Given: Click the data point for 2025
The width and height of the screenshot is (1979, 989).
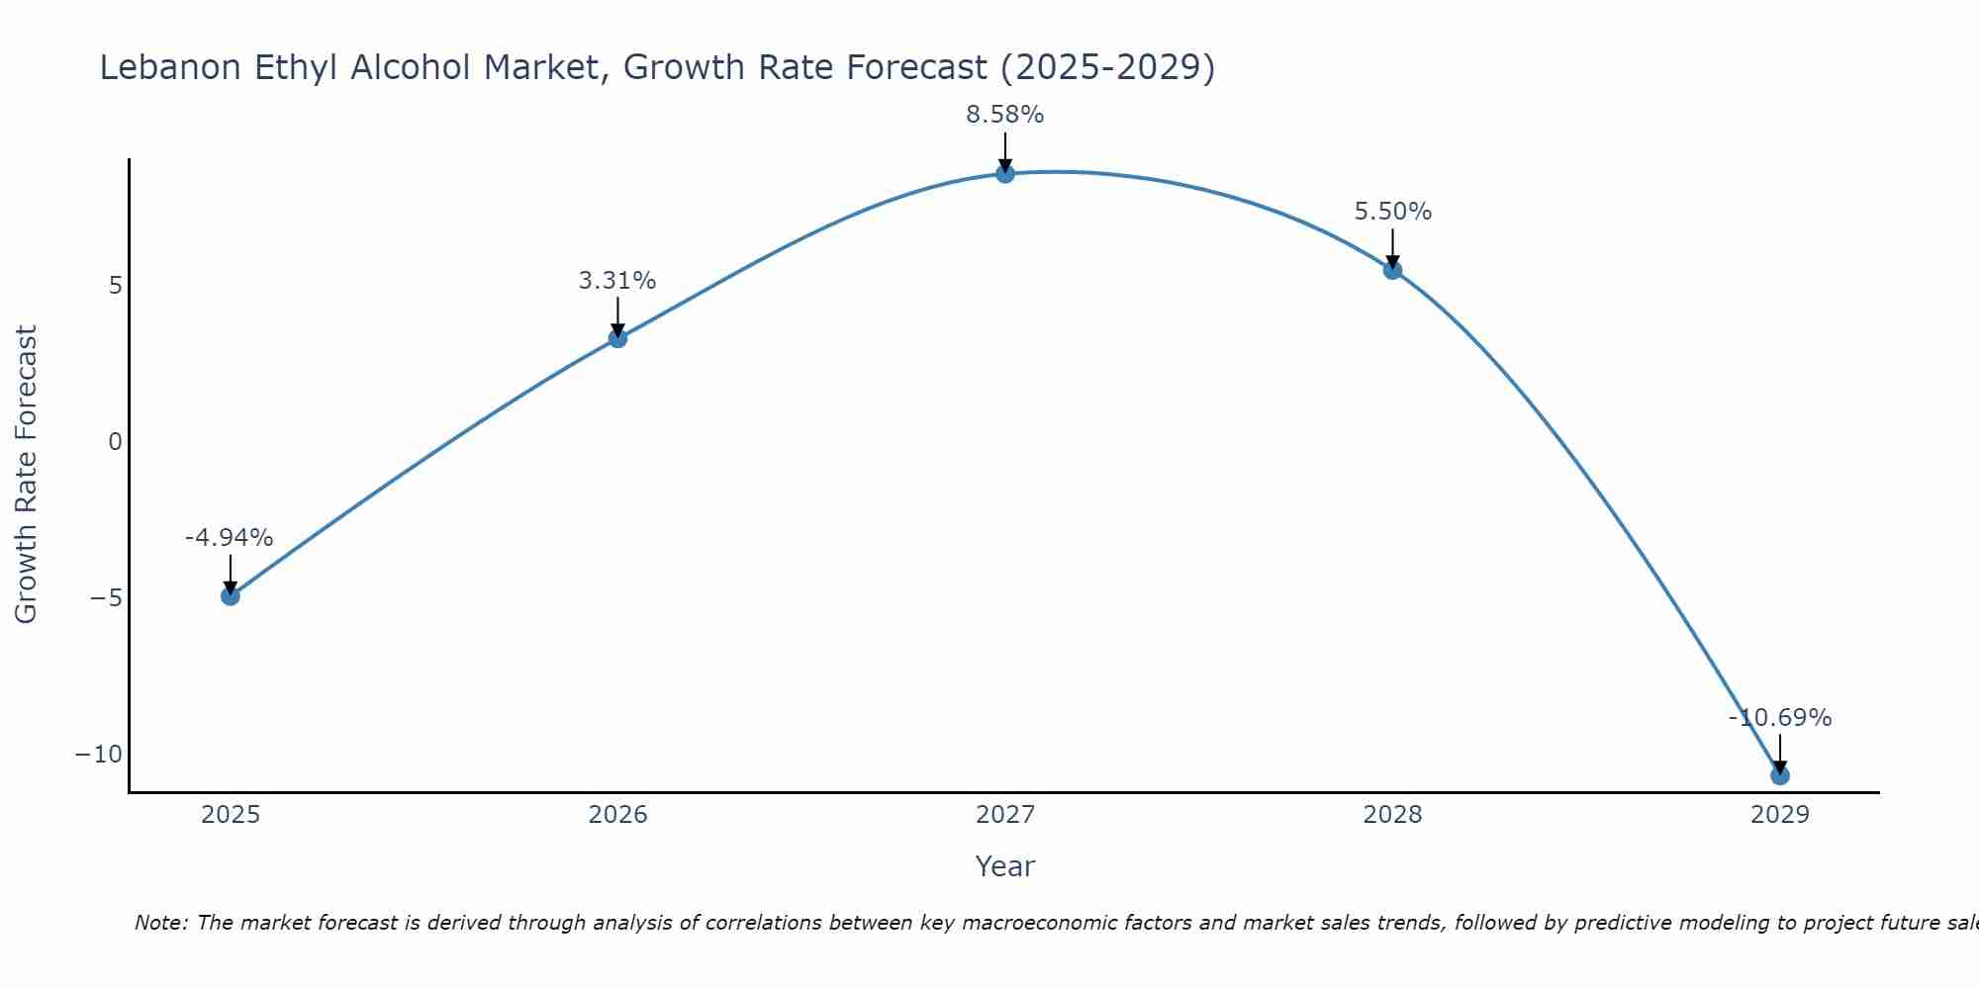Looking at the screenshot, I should click(x=231, y=596).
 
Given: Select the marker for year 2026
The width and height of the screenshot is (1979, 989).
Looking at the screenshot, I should click(x=617, y=338).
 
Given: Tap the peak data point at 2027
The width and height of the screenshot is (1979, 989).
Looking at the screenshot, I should click(x=1005, y=174).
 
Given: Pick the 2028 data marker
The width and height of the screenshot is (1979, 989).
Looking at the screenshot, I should click(x=1392, y=270).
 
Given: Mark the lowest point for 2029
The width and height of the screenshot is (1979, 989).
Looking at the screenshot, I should click(x=1780, y=775).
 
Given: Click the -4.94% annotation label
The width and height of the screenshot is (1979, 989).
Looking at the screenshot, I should click(x=229, y=538).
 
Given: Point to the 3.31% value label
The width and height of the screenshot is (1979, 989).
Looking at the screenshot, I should click(x=617, y=281).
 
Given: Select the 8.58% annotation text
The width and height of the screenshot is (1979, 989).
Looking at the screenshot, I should click(x=1005, y=115).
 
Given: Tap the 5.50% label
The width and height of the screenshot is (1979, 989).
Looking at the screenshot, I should click(x=1392, y=212).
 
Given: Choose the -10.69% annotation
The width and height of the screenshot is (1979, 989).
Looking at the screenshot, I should click(x=1780, y=718).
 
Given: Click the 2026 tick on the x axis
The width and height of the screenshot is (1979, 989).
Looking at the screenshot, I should click(x=617, y=815).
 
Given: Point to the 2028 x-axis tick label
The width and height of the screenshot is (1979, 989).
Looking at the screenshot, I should click(x=1392, y=815).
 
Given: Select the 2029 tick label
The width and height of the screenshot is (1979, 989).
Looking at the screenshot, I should click(x=1780, y=815).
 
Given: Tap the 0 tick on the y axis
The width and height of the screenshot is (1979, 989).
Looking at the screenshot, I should click(x=116, y=442).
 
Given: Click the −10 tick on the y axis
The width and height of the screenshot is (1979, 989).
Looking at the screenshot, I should click(x=99, y=755).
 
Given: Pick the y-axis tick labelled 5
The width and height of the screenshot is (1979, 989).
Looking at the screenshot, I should click(x=116, y=286).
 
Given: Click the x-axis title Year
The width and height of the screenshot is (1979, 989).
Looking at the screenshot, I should click(x=1005, y=866).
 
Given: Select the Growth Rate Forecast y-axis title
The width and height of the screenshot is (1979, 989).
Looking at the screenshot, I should click(x=27, y=475).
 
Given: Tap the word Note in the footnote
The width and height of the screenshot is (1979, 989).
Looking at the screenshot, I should click(x=158, y=923).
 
